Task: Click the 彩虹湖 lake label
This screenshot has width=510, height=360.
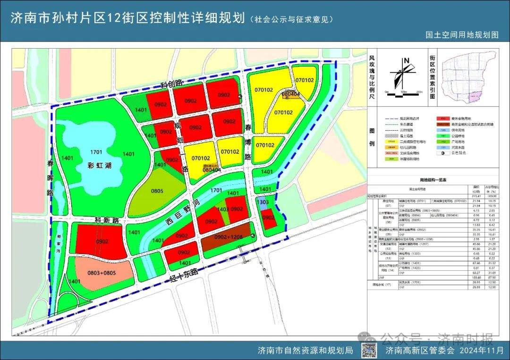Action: (x=98, y=166)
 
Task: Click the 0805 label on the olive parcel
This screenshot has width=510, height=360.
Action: (x=157, y=193)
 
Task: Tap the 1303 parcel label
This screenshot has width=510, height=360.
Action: (x=263, y=202)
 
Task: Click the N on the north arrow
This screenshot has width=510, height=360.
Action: (x=406, y=60)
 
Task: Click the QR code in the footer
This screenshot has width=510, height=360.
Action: (x=371, y=350)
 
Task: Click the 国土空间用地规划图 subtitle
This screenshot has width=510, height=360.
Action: (x=462, y=35)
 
